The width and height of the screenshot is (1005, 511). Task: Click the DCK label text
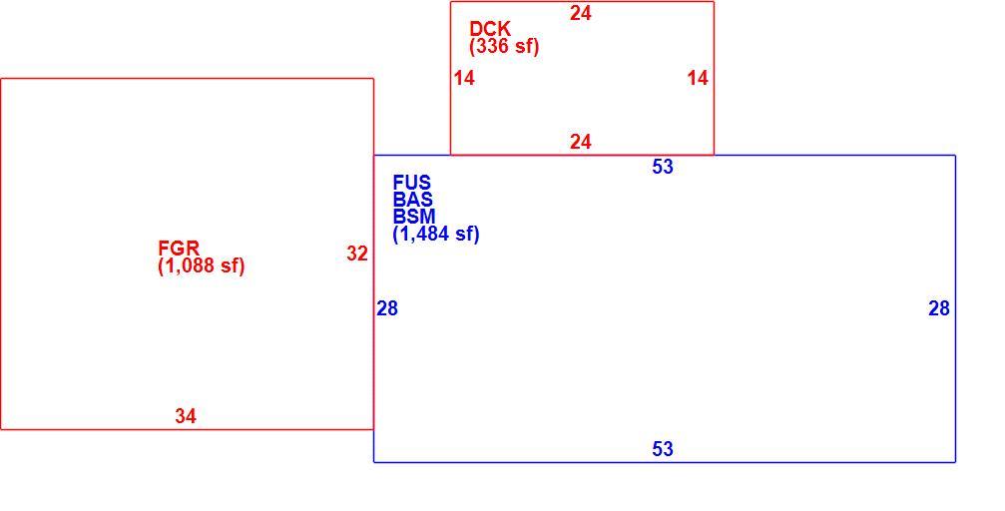click(490, 29)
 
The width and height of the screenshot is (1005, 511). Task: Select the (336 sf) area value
click(504, 46)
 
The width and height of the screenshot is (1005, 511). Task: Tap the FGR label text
click(179, 249)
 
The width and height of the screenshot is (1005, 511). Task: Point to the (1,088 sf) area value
click(202, 265)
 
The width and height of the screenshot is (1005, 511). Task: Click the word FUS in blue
click(412, 183)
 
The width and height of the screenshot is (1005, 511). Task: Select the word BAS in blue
click(413, 200)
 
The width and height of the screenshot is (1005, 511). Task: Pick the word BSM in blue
click(414, 216)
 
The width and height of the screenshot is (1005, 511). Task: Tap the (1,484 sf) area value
click(436, 234)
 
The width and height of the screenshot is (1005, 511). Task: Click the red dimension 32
click(357, 254)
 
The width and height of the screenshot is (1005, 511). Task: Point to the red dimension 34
click(186, 416)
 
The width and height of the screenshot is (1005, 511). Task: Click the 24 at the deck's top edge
click(581, 13)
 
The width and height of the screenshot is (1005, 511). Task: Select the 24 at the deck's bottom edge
click(581, 142)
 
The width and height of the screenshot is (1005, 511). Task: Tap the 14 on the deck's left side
click(464, 78)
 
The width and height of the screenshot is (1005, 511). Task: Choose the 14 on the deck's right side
click(698, 78)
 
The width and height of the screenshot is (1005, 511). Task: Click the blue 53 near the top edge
click(663, 167)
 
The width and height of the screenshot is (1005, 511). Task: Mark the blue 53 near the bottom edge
click(663, 449)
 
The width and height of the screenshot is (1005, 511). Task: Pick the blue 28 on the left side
click(387, 309)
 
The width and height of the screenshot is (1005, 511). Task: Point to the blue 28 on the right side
click(939, 309)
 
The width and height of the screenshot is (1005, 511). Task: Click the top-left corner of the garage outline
click(1, 79)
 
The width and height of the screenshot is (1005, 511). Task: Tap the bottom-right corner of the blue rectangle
click(956, 462)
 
